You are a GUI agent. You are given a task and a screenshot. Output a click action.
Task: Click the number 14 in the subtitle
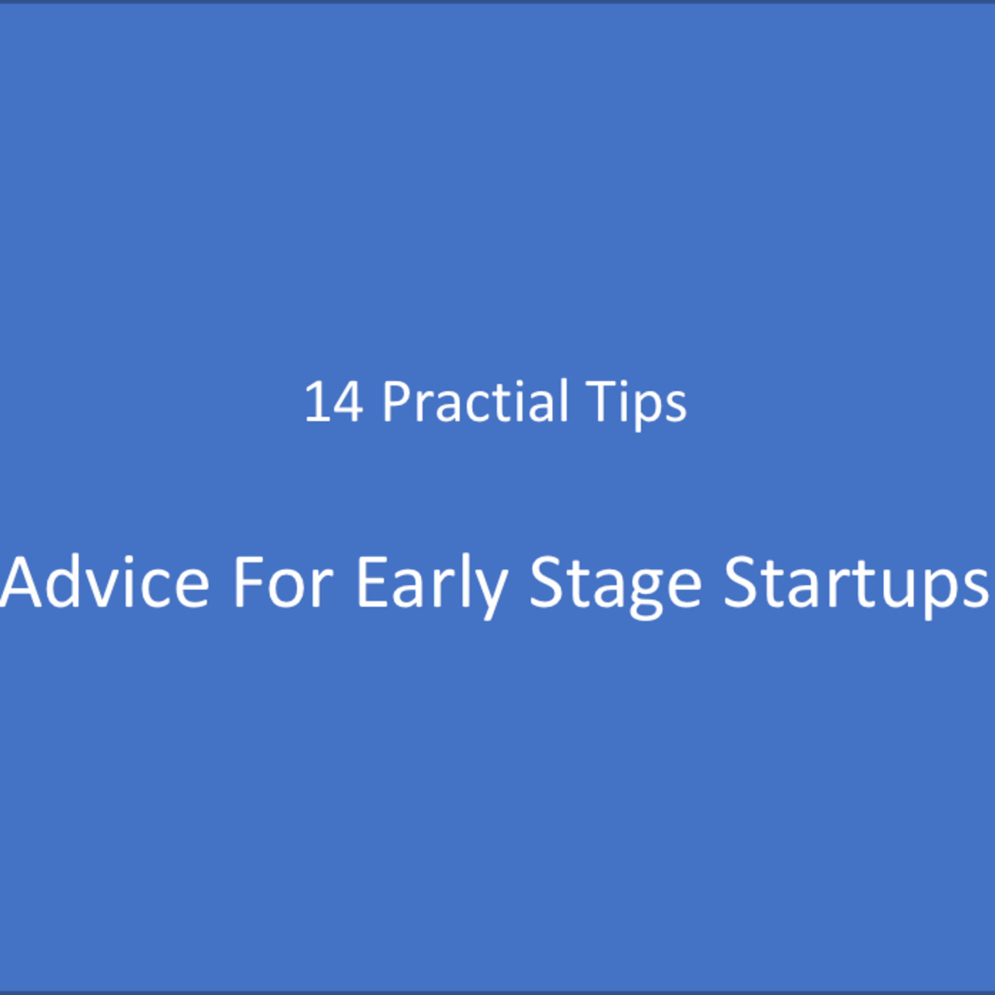click(x=334, y=402)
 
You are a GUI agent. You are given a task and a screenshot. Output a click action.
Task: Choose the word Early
click(x=432, y=584)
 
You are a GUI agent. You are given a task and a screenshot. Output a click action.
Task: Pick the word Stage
click(x=616, y=584)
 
